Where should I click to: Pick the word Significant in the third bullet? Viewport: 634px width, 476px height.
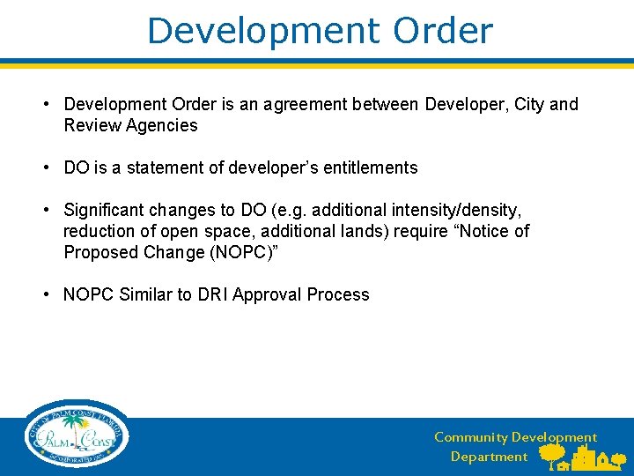pyautogui.click(x=104, y=210)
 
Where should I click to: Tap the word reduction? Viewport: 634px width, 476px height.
pyautogui.click(x=99, y=231)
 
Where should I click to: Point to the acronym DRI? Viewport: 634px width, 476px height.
pyautogui.click(x=217, y=294)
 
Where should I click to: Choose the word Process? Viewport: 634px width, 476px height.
pyautogui.click(x=338, y=294)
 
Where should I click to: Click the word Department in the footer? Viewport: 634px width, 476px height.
pyautogui.click(x=489, y=457)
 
